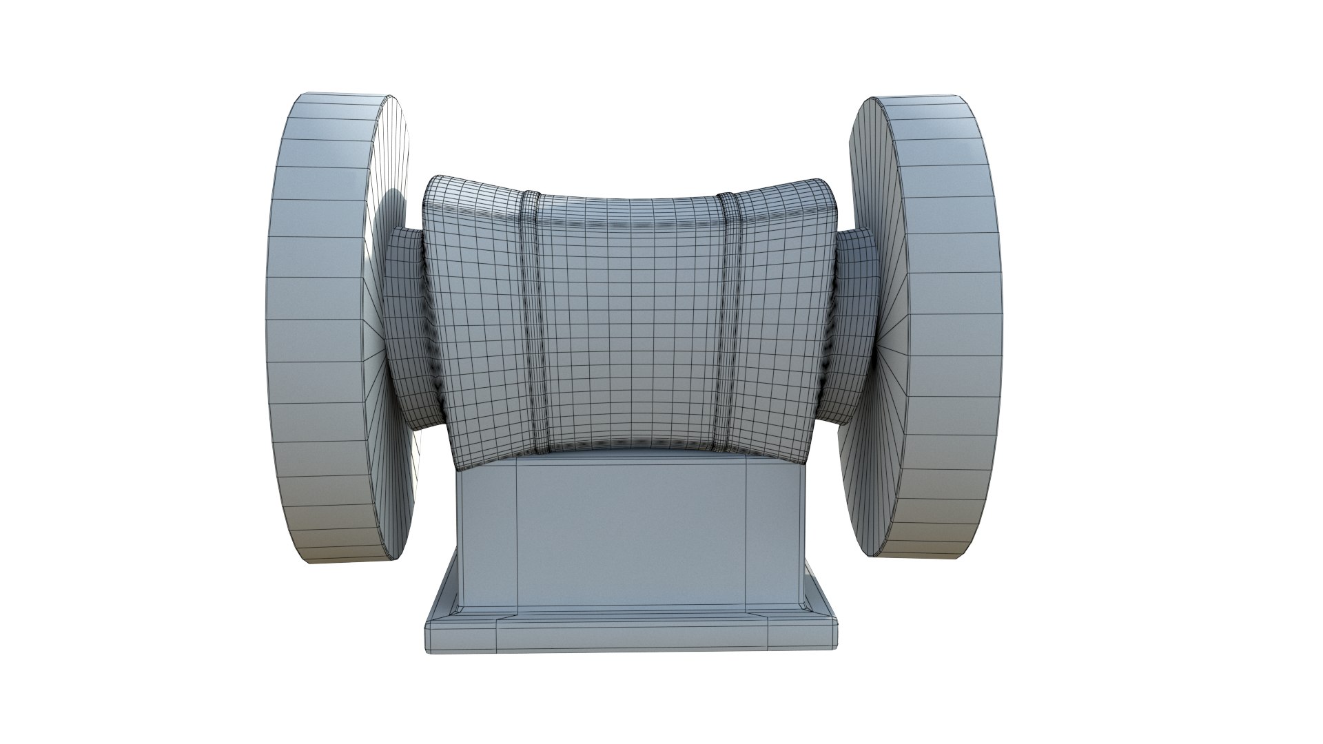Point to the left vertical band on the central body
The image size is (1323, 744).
tap(531, 317)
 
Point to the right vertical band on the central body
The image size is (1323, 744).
tap(728, 317)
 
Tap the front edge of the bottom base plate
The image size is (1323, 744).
tap(630, 637)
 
